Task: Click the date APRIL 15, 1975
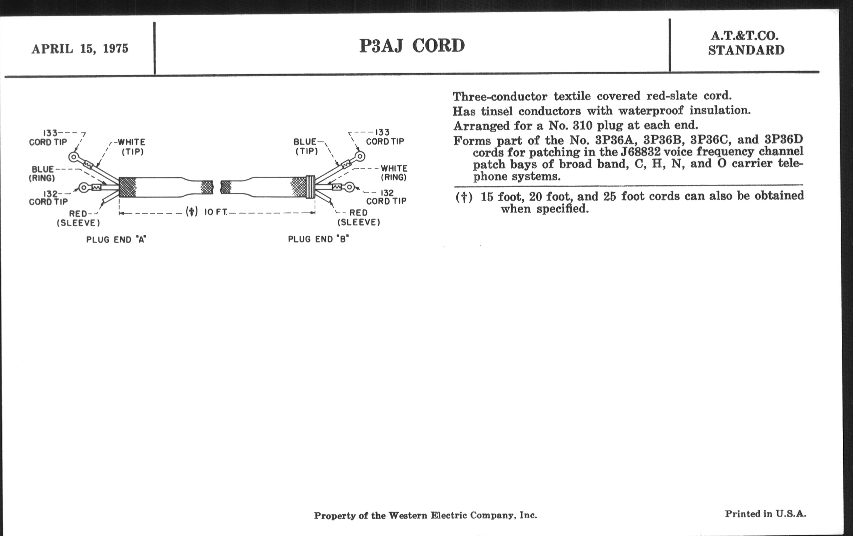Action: pos(80,48)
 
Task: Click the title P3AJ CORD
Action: pos(412,46)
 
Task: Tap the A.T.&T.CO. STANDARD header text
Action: pos(746,43)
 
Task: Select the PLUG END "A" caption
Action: pos(116,240)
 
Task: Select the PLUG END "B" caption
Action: pos(318,239)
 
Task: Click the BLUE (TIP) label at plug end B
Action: pos(305,146)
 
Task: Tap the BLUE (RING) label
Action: pos(42,173)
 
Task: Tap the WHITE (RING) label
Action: pos(394,173)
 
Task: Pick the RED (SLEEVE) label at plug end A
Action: pos(78,218)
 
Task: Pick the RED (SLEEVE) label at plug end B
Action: pos(358,217)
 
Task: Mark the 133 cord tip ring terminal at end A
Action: pos(74,157)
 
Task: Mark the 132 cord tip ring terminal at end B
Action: pos(350,187)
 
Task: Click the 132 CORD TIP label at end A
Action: pos(48,198)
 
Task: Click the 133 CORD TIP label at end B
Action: pos(385,137)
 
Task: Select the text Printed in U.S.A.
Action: pos(765,514)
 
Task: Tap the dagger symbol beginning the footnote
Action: pos(464,197)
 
